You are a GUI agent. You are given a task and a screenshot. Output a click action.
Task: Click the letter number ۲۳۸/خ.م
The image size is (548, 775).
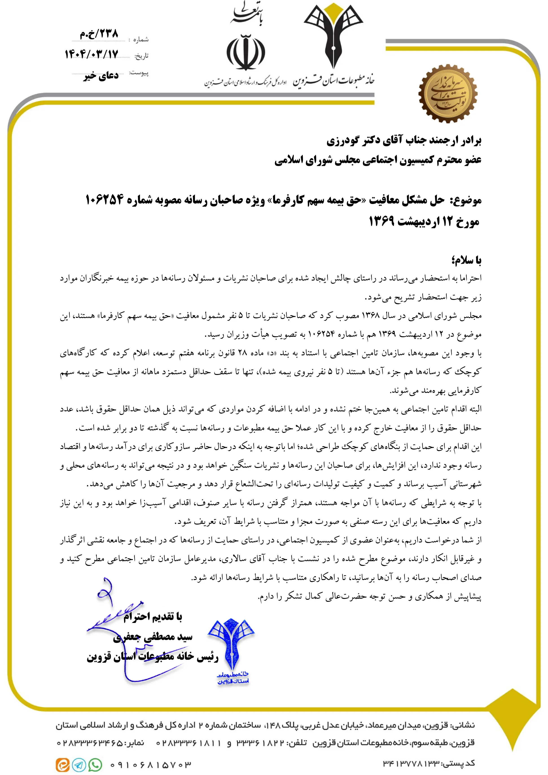pyautogui.click(x=99, y=33)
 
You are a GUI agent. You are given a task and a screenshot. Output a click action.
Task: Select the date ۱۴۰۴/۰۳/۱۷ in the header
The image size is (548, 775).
pyautogui.click(x=92, y=54)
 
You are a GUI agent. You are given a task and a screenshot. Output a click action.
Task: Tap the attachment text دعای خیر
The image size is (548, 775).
pyautogui.click(x=101, y=75)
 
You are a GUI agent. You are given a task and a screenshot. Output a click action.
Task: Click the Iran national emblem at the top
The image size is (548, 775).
pyautogui.click(x=246, y=52)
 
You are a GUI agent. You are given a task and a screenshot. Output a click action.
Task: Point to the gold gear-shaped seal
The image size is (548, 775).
pyautogui.click(x=448, y=93)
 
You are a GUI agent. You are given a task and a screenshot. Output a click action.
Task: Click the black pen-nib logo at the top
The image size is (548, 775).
pyautogui.click(x=333, y=37)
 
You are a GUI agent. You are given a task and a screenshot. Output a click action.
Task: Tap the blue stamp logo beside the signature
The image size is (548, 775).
pyautogui.click(x=232, y=648)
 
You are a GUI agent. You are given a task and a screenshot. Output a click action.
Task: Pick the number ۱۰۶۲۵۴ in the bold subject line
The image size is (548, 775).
pyautogui.click(x=104, y=200)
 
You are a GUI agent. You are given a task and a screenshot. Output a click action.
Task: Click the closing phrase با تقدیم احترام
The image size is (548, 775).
pyautogui.click(x=153, y=617)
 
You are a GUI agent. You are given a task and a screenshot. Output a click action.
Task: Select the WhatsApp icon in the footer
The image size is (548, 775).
pyautogui.click(x=95, y=765)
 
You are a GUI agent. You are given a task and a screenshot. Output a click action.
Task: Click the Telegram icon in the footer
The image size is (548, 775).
pyautogui.click(x=79, y=765)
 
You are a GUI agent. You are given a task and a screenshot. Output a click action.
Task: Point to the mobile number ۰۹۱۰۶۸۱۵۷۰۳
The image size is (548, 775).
pyautogui.click(x=151, y=764)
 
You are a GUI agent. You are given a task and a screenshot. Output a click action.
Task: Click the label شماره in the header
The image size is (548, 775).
pyautogui.click(x=141, y=40)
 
